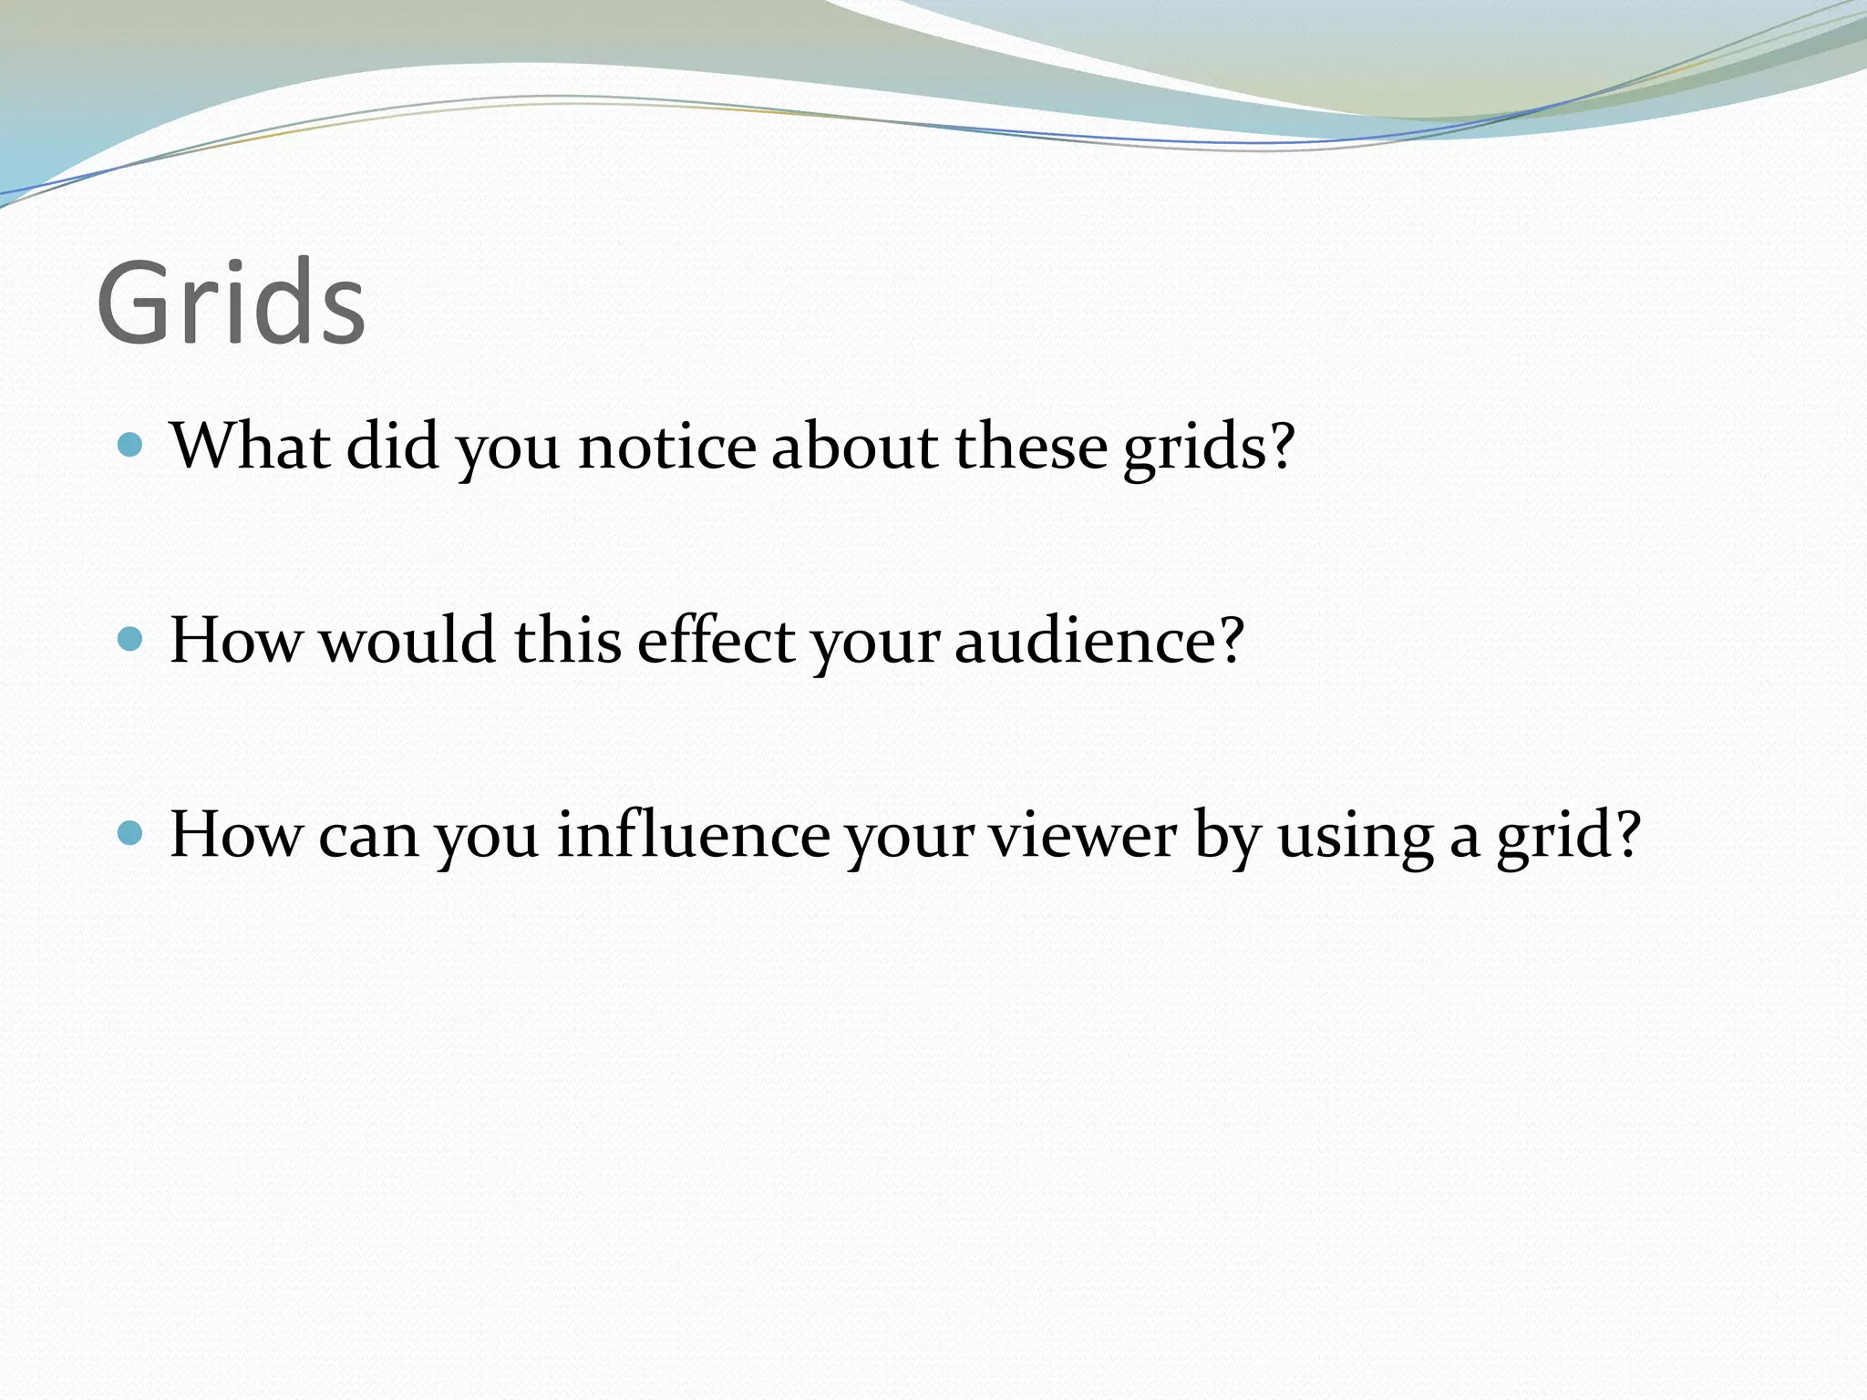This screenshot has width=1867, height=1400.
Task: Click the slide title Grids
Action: coord(231,303)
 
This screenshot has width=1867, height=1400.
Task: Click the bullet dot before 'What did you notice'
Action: coord(131,445)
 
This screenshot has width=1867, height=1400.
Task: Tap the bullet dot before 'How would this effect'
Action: coord(131,639)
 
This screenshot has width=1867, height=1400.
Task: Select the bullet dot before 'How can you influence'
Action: coord(131,833)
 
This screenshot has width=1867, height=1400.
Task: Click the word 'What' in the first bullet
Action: coord(250,446)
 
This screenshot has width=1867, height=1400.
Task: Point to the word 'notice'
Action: coord(667,446)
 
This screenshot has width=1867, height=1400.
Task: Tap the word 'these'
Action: coord(1030,446)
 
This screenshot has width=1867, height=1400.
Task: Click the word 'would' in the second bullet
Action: coord(407,640)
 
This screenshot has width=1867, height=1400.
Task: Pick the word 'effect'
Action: coord(716,640)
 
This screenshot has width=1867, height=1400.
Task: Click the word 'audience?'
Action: coord(1099,640)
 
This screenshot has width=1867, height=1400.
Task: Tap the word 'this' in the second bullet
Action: coord(568,640)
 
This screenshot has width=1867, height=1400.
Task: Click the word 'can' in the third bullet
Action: coord(368,835)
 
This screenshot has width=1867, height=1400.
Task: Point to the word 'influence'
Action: coord(693,834)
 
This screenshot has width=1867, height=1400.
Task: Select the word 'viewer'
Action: coord(1084,835)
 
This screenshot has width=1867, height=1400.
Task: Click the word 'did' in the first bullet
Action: coord(392,446)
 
